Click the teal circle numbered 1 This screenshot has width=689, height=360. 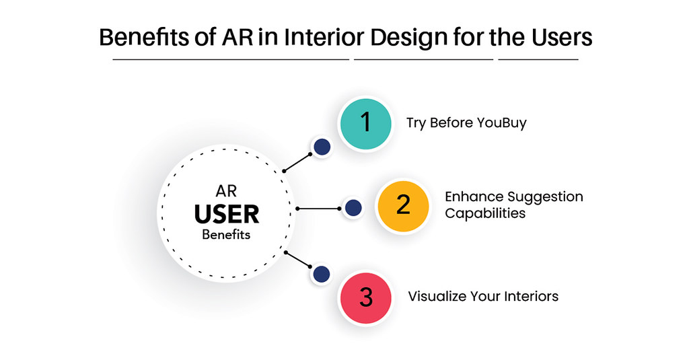[x=365, y=124]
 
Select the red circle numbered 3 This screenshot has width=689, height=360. [x=365, y=297]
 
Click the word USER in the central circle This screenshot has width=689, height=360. [x=227, y=215]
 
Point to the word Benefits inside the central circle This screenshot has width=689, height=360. [x=226, y=235]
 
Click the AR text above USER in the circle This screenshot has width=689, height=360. [x=227, y=192]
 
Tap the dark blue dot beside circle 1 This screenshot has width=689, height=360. [x=322, y=147]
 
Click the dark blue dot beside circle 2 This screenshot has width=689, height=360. [x=353, y=208]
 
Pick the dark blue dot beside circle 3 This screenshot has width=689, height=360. [x=322, y=274]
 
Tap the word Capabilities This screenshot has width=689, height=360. [x=484, y=213]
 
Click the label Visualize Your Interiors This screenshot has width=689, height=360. [x=483, y=296]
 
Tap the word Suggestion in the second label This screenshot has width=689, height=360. [x=546, y=197]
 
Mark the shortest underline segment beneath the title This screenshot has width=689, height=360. [x=538, y=60]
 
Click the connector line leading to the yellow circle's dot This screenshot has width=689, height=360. [x=319, y=209]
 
